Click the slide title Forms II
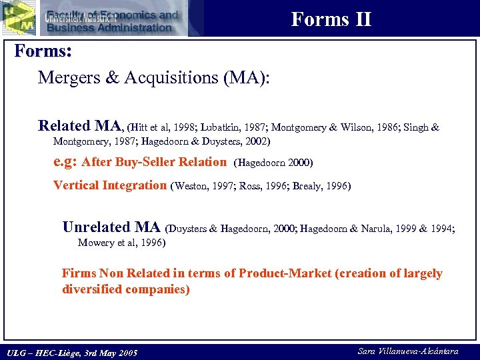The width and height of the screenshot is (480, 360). [x=331, y=19]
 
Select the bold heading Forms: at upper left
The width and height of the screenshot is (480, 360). [x=43, y=51]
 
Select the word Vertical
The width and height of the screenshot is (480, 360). [x=75, y=185]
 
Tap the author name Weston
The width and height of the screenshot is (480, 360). [x=193, y=186]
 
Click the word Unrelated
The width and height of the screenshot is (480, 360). [x=96, y=227]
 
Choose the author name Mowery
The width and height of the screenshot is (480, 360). [x=97, y=243]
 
